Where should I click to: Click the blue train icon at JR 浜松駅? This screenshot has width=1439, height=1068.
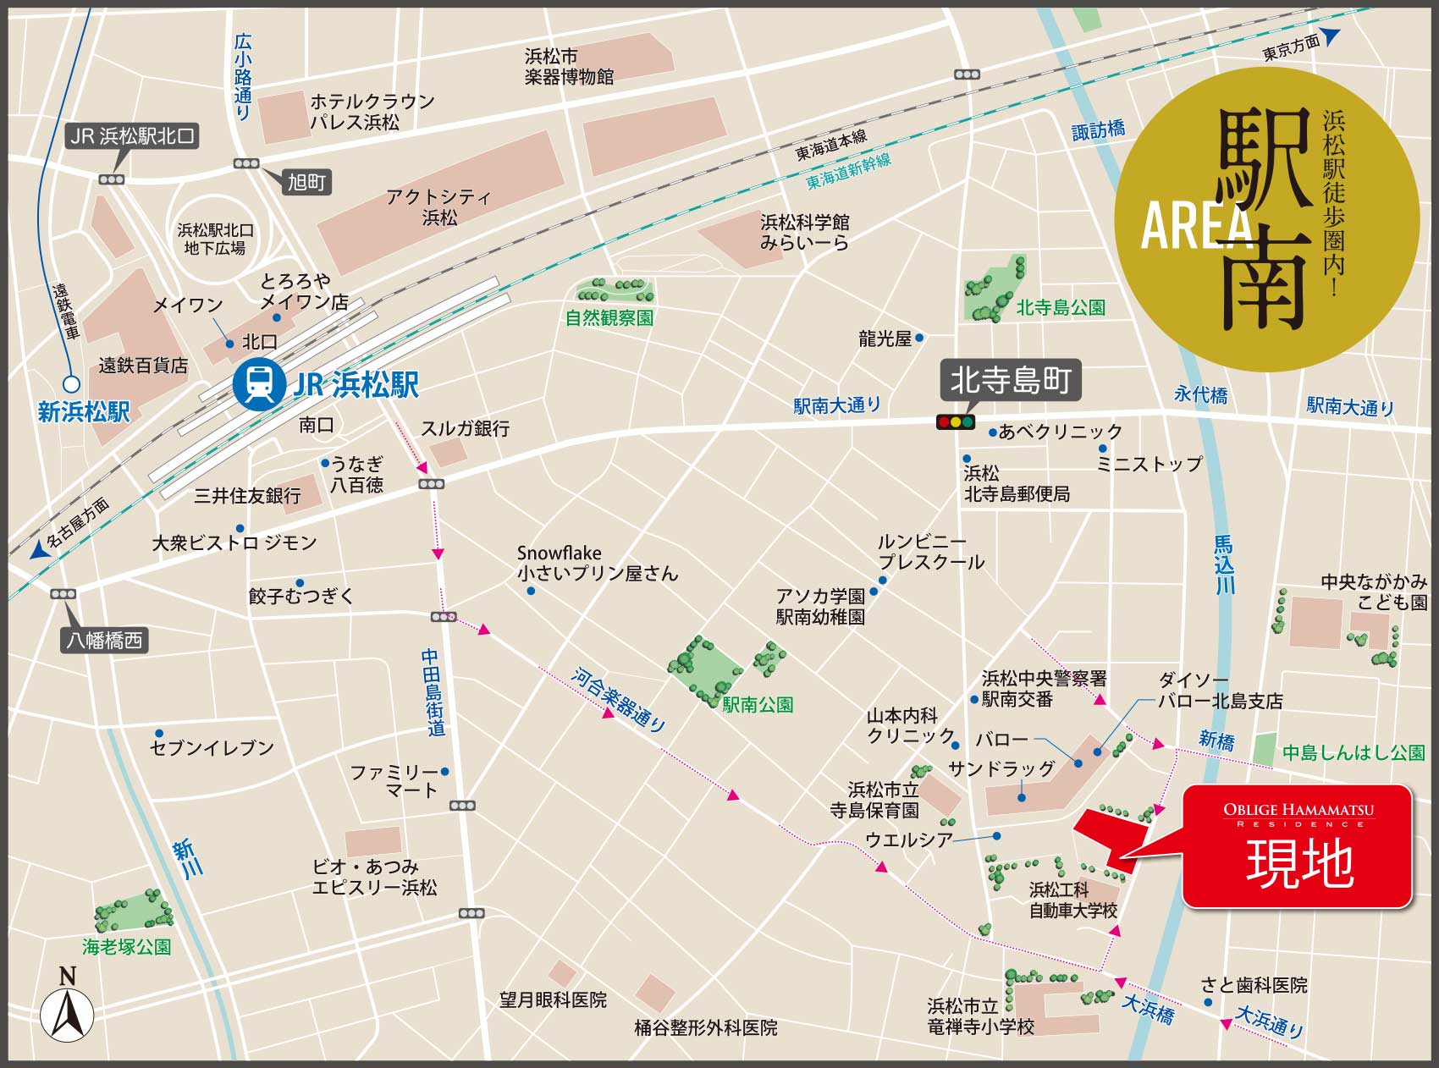click(x=259, y=385)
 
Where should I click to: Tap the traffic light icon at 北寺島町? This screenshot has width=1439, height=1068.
click(x=956, y=421)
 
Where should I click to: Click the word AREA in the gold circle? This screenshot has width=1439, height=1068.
click(x=1197, y=226)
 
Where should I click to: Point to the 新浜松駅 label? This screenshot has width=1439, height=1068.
click(x=84, y=411)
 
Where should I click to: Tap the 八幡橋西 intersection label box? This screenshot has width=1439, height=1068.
click(x=105, y=641)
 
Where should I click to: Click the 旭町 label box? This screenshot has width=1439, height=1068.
click(x=306, y=182)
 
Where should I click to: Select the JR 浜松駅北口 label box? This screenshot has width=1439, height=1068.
click(x=133, y=135)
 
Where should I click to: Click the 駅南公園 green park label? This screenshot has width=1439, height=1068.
click(x=758, y=704)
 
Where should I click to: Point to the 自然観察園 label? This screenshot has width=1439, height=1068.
click(x=609, y=319)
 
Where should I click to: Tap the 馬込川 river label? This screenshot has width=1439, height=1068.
click(x=1223, y=564)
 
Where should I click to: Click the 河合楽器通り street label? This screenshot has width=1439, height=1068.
click(x=619, y=698)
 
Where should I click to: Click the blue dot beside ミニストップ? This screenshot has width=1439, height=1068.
click(x=1102, y=448)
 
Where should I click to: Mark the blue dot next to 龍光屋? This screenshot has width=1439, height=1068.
click(x=919, y=338)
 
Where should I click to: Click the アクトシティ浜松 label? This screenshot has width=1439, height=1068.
click(x=438, y=207)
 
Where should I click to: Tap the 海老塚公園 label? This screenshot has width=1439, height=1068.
click(x=127, y=947)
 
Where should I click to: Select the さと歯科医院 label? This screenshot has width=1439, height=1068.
click(x=1254, y=985)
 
